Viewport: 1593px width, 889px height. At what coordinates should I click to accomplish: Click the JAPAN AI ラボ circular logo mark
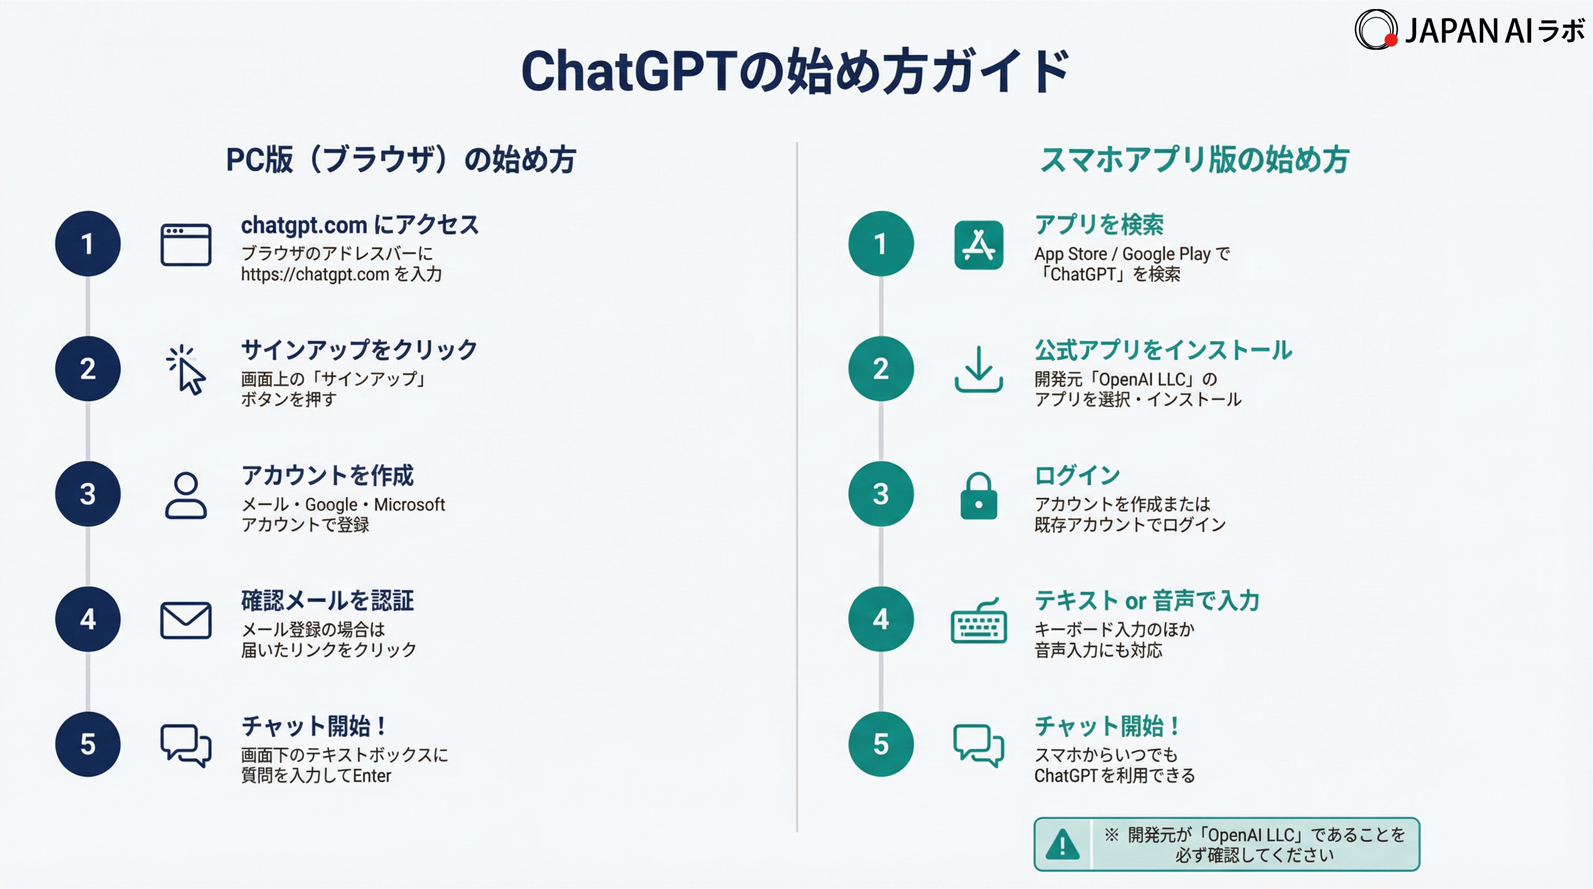tap(1375, 29)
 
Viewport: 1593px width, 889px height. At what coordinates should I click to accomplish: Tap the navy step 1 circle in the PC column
tap(88, 244)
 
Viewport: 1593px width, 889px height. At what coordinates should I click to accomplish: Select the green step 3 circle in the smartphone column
tap(880, 494)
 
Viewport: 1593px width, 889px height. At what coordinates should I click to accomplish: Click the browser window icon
tap(185, 245)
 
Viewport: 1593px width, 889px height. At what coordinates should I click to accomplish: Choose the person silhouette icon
tap(185, 495)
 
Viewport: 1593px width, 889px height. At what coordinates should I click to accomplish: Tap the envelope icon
tap(185, 620)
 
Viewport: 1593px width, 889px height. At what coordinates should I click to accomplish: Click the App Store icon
tap(978, 245)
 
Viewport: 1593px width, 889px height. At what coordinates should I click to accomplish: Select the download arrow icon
tap(978, 369)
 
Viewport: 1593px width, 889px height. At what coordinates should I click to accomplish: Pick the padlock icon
tap(978, 496)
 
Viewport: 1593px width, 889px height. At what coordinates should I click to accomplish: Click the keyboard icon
tap(978, 621)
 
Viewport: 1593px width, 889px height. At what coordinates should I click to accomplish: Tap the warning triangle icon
tap(1062, 844)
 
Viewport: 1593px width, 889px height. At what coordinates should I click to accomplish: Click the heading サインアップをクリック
tap(359, 350)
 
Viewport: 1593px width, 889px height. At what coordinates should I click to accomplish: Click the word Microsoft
tap(409, 505)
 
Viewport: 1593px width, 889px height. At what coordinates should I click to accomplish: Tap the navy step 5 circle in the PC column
tap(88, 744)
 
